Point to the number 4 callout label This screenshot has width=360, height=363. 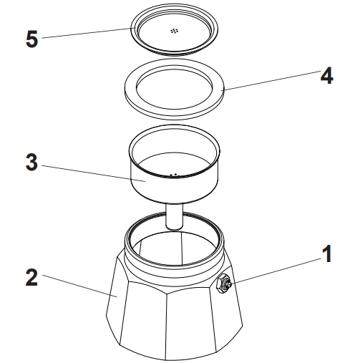[326, 76]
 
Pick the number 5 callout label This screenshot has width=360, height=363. [31, 38]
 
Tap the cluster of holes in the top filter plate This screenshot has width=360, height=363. [173, 31]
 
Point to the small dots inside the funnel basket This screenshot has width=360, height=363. [173, 173]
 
